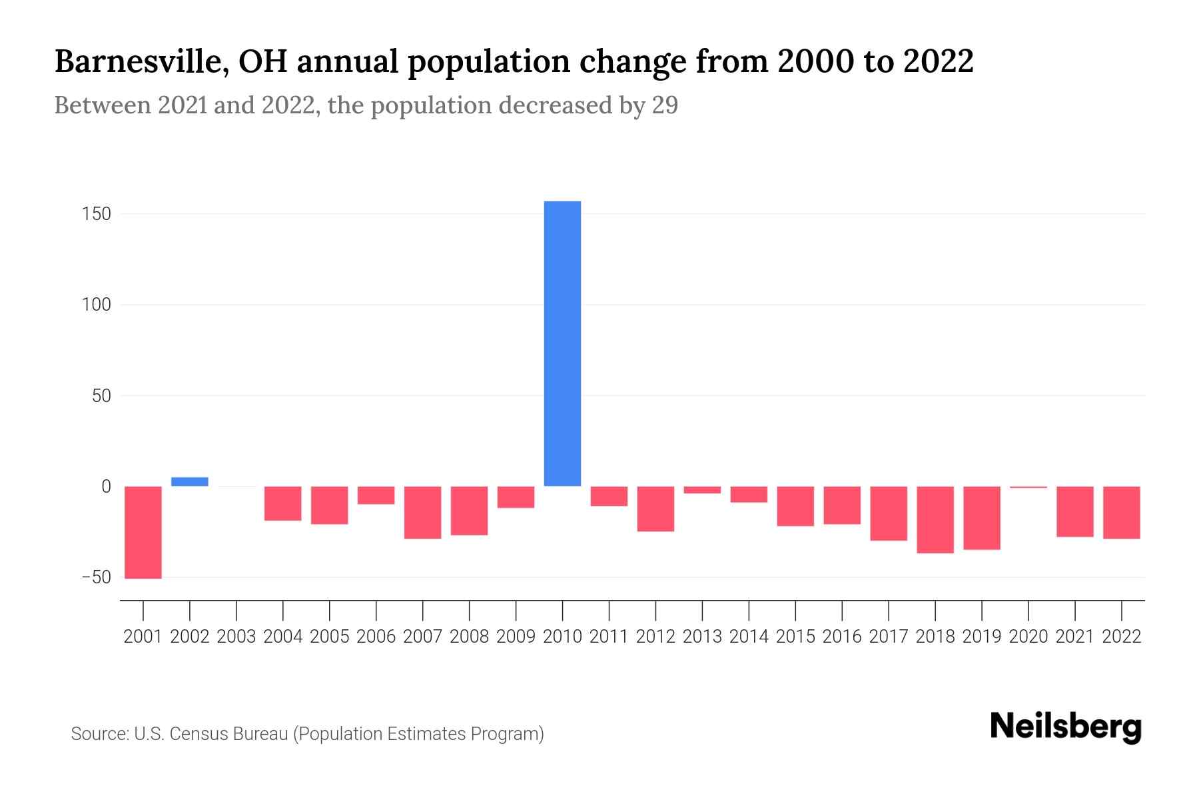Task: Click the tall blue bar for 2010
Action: pyautogui.click(x=562, y=343)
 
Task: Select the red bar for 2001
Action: pyautogui.click(x=143, y=532)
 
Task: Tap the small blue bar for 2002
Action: pyautogui.click(x=190, y=481)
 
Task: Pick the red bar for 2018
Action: pyautogui.click(x=935, y=519)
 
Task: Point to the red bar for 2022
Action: pyautogui.click(x=1122, y=512)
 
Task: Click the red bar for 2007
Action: pyautogui.click(x=423, y=512)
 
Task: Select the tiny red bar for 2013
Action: pyautogui.click(x=702, y=490)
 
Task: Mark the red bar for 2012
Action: pyautogui.click(x=655, y=509)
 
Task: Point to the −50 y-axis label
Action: pyautogui.click(x=95, y=577)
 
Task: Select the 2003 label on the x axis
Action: pyautogui.click(x=236, y=637)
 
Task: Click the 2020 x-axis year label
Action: pyautogui.click(x=1028, y=637)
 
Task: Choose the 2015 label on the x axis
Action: pyautogui.click(x=795, y=637)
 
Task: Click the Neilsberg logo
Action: pyautogui.click(x=1066, y=727)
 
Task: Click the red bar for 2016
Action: pyautogui.click(x=842, y=505)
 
